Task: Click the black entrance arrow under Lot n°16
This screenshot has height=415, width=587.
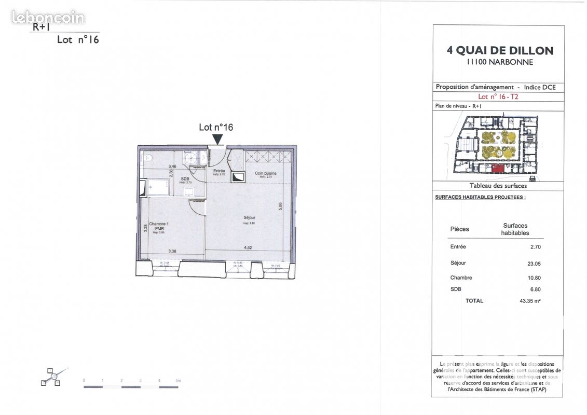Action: point(217,139)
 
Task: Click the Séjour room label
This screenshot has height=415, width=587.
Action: point(250,217)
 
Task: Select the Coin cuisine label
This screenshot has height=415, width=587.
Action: point(265,173)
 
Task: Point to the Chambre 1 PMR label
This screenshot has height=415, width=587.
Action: point(159,226)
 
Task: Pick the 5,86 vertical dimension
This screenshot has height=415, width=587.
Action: point(280,206)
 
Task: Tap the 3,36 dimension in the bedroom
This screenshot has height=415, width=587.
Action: point(172,251)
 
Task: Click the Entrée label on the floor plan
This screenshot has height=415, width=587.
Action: point(219,171)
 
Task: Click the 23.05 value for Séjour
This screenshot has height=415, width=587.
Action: point(534,264)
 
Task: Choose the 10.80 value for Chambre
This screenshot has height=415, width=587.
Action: point(534,278)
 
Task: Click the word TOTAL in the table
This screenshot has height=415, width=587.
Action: point(474,301)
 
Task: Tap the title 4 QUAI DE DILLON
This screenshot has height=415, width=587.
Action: point(500,51)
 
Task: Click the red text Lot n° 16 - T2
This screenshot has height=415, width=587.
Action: point(498,96)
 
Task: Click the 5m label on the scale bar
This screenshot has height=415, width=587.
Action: point(178,381)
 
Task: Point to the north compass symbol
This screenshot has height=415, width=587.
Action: point(53,377)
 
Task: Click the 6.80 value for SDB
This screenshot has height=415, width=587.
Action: point(534,289)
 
